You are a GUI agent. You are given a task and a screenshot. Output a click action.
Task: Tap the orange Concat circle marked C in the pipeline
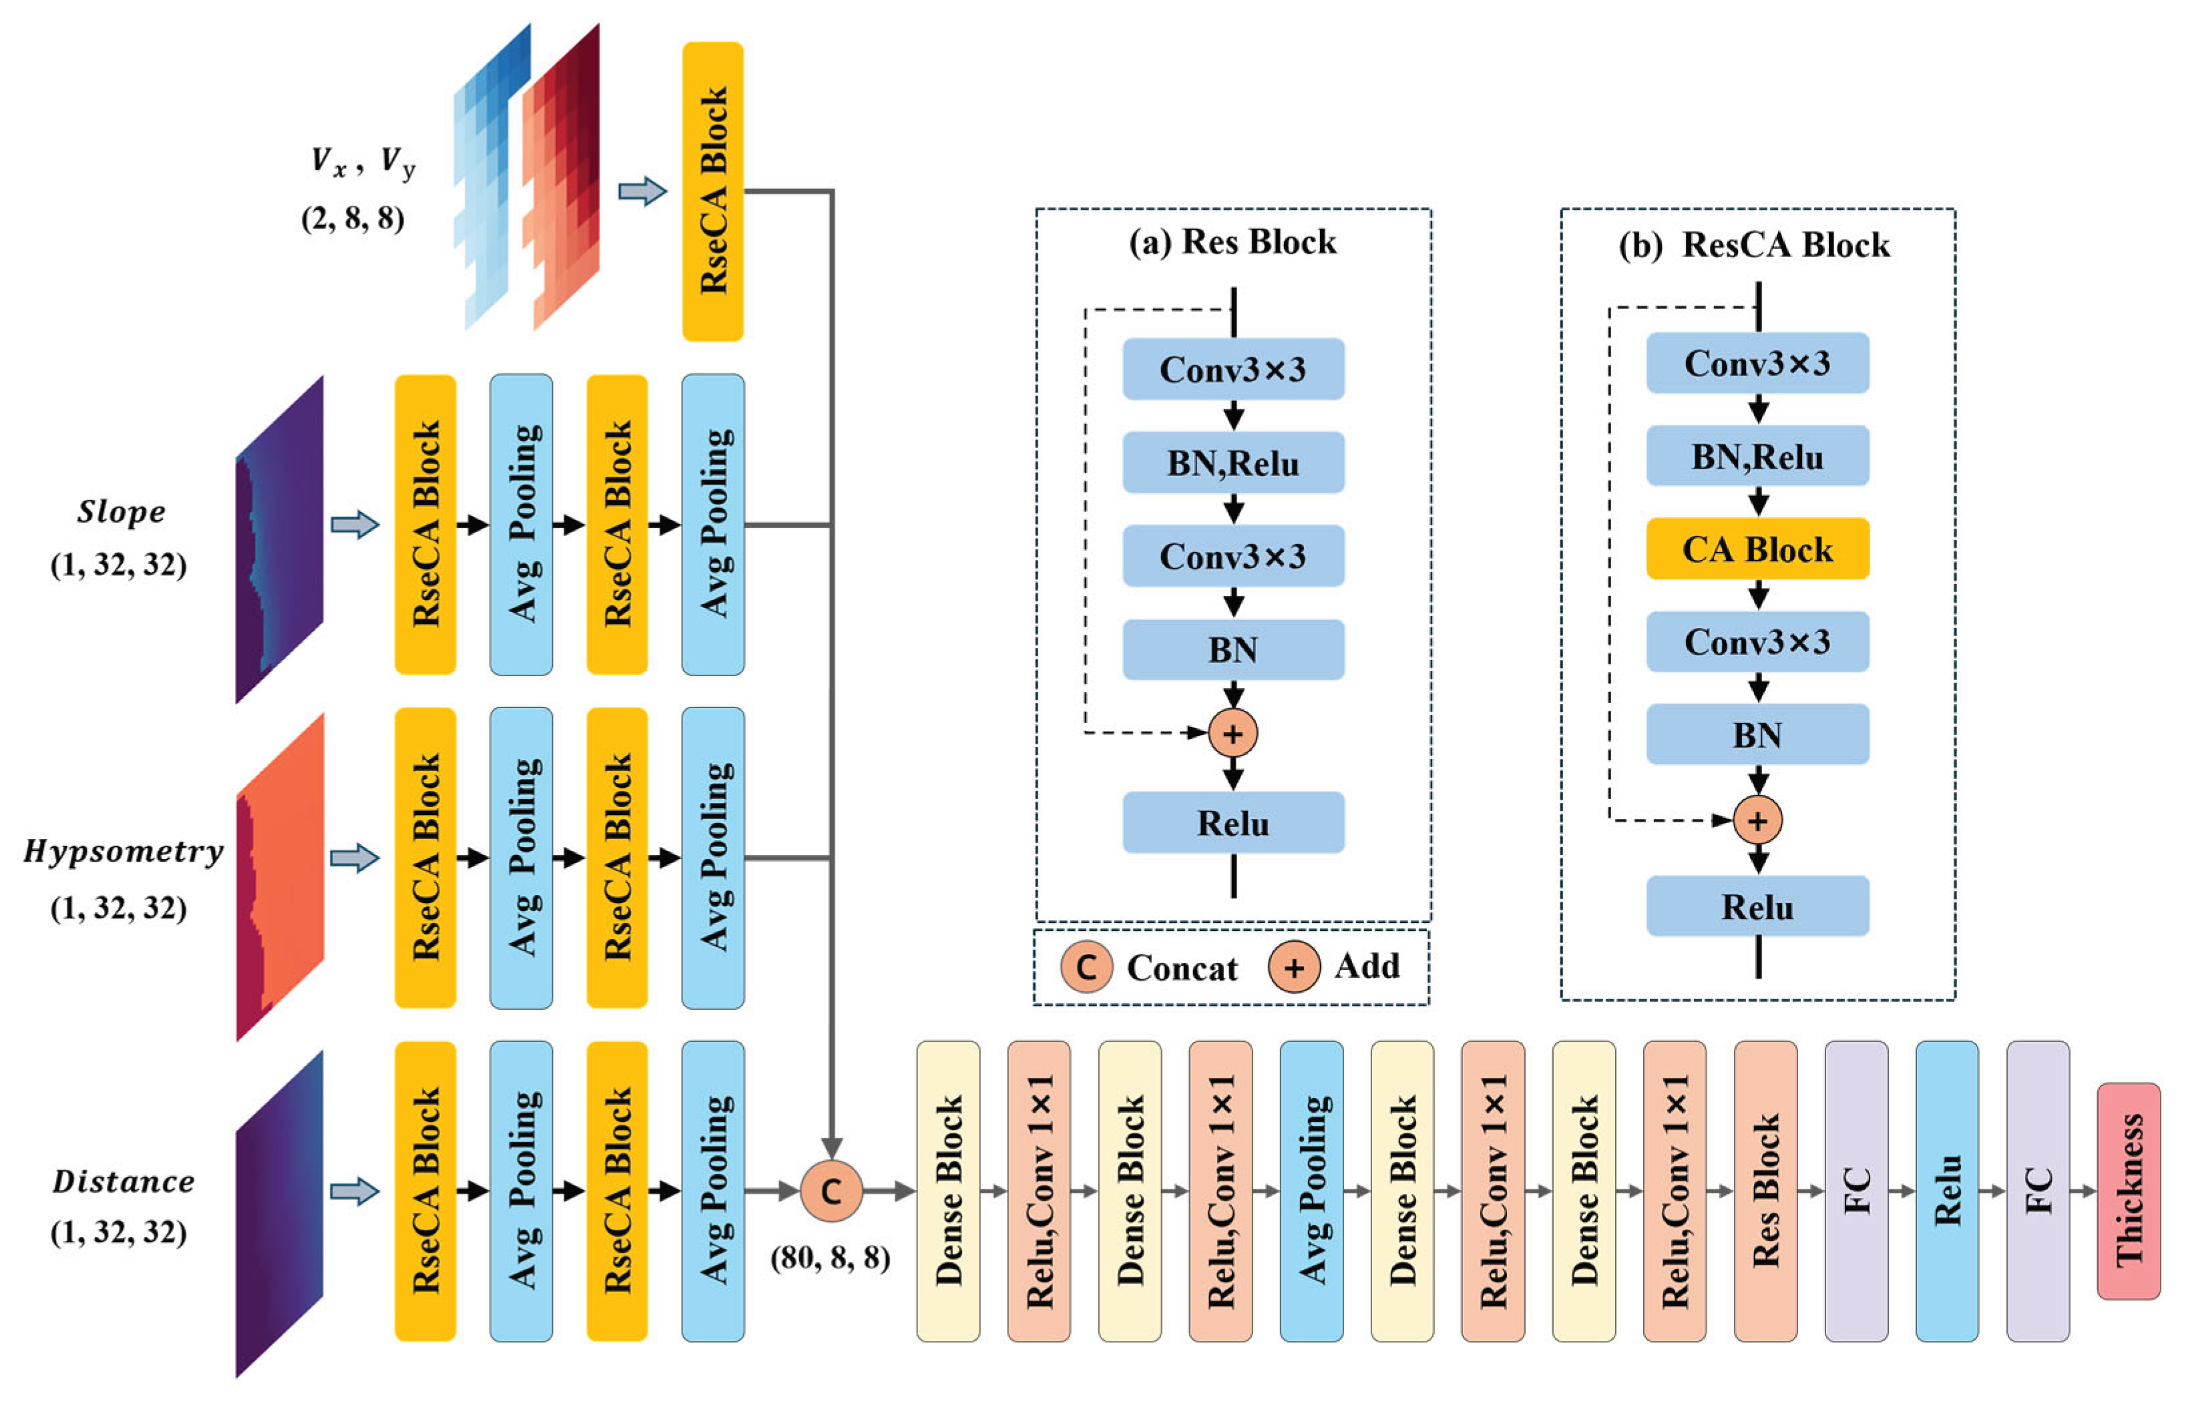831,1190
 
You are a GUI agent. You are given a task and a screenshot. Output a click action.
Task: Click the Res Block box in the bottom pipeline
1765,1190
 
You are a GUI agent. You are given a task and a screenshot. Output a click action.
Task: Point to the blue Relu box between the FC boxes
1946,1190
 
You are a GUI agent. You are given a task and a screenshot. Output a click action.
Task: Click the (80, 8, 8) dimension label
830,1257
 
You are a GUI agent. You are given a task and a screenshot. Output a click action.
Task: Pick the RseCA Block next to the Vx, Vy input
712,191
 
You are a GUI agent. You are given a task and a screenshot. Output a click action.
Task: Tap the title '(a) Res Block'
1232,242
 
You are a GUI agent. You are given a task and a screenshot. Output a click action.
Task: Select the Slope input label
121,511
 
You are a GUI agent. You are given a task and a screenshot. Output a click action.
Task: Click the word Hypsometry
124,850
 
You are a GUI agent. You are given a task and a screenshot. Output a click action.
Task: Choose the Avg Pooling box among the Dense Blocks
1311,1190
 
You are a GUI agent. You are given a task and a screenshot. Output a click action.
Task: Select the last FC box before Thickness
2037,1190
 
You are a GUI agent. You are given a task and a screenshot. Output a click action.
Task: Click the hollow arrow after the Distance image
354,1191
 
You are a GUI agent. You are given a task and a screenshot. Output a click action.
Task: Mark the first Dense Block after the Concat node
948,1190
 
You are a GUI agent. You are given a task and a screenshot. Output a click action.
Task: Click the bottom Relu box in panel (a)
1232,822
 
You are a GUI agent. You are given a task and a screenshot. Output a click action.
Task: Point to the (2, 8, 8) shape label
353,218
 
